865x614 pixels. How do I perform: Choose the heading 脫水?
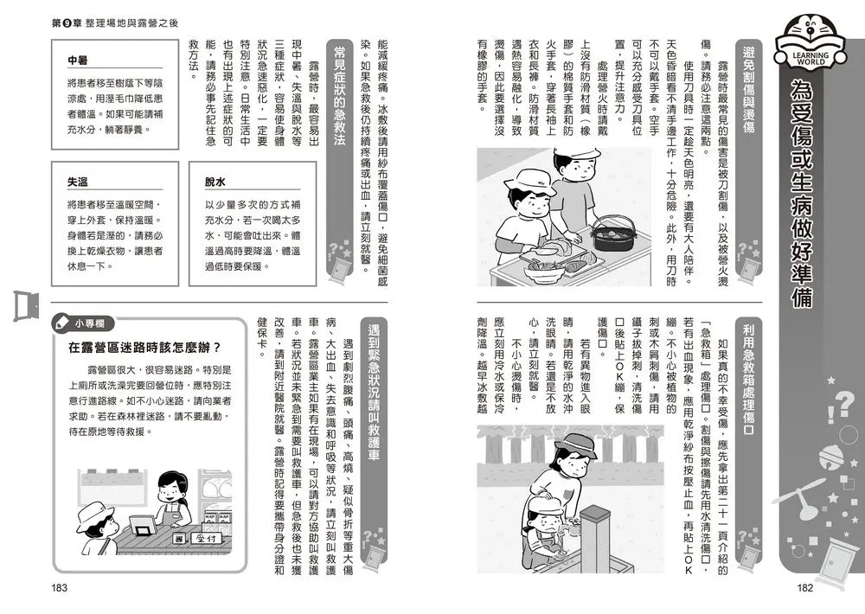click(215, 183)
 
